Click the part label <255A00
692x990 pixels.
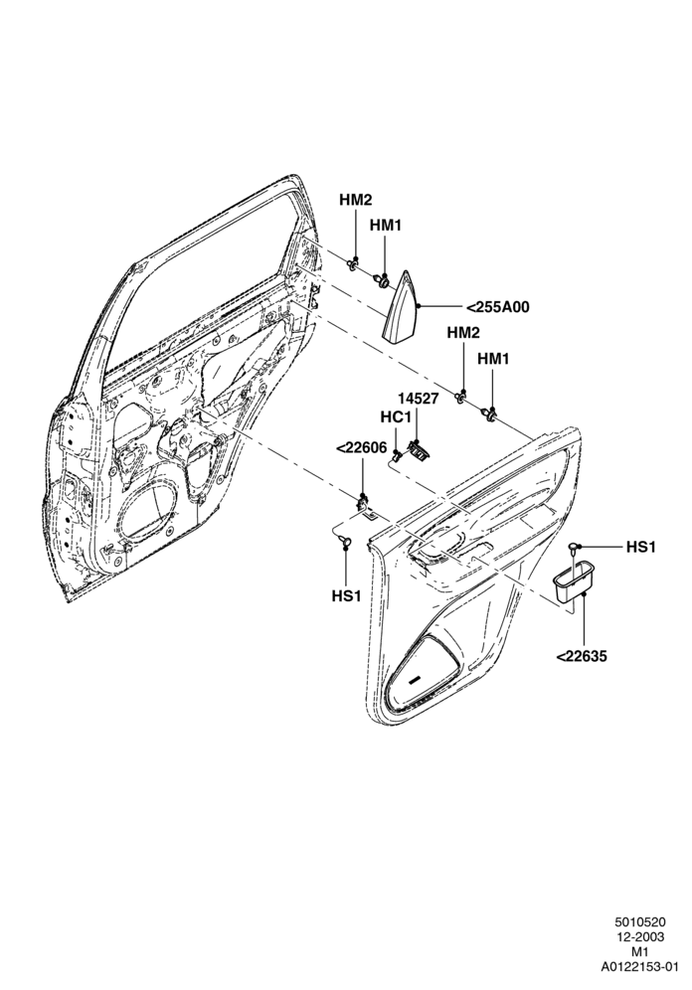(497, 307)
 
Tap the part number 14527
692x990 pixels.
(418, 399)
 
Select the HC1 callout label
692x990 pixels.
(396, 417)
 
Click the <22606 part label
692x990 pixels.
(361, 447)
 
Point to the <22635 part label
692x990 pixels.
(583, 657)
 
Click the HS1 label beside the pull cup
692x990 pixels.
(640, 547)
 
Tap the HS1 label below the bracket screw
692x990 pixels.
(346, 595)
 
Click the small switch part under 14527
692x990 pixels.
(418, 449)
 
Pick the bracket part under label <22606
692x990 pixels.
(364, 506)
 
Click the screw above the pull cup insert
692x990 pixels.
(574, 546)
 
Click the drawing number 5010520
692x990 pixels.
(640, 940)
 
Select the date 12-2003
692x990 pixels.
(640, 954)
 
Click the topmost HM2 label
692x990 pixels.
(356, 200)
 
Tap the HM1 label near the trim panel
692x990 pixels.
(493, 359)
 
